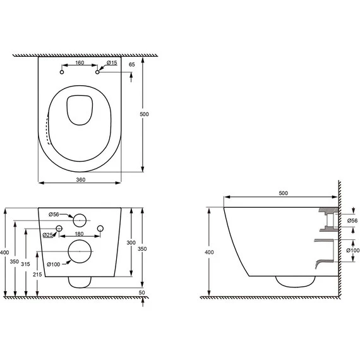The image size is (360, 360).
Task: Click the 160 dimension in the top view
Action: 80,63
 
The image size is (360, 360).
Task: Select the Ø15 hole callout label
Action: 112,63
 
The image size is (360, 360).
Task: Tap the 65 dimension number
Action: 132,64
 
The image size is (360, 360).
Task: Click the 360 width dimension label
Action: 81,180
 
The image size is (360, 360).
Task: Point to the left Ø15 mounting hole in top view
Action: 62,72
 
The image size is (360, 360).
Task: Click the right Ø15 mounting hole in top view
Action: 97,72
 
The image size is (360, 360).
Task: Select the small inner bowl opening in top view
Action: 80,110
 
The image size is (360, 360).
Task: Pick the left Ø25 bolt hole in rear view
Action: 59,229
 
